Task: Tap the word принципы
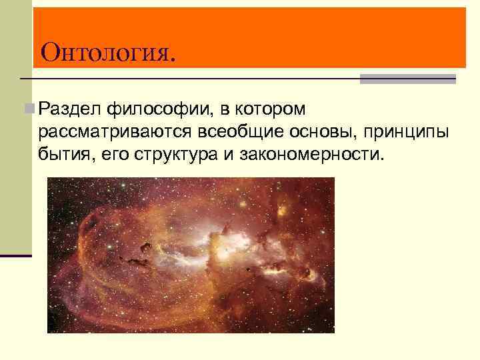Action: [409, 132]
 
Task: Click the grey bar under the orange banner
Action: [407, 79]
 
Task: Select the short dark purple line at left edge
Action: [16, 256]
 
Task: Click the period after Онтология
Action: [174, 59]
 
